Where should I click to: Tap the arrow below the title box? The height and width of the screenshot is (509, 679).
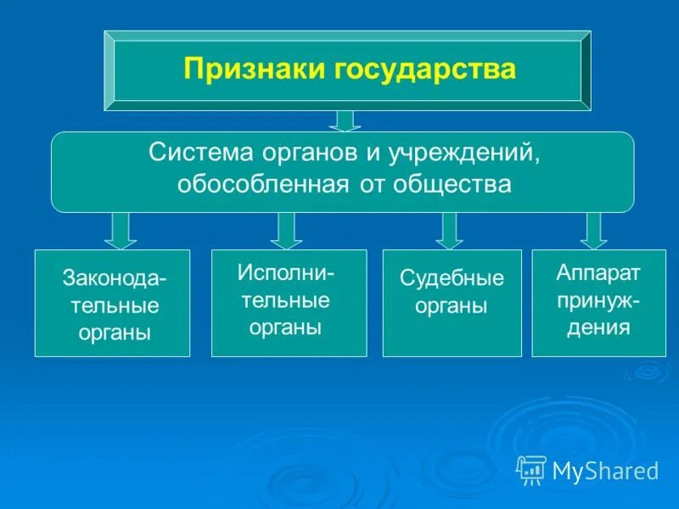click(345, 120)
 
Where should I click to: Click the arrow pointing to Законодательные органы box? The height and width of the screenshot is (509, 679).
click(121, 230)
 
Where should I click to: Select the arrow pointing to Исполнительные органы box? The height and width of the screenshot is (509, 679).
click(286, 230)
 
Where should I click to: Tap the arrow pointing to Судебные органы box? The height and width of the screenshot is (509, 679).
click(449, 230)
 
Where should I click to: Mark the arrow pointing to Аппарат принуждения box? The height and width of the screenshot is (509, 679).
click(593, 230)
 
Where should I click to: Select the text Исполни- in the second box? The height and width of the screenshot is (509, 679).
click(286, 272)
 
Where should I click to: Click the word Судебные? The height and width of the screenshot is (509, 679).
click(452, 278)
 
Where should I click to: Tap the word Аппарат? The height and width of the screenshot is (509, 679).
click(598, 272)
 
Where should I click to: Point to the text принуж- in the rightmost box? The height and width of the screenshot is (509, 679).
click(598, 299)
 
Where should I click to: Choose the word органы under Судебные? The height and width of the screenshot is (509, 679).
click(452, 306)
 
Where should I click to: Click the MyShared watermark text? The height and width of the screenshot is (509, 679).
click(605, 470)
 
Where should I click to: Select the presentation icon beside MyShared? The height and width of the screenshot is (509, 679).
click(531, 469)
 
